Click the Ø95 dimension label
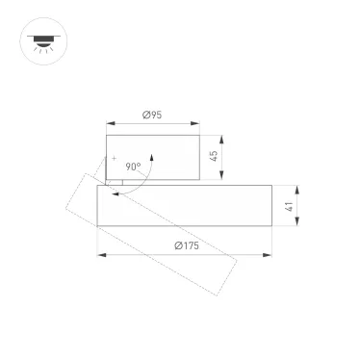pos(151,116)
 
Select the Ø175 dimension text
pos(186,246)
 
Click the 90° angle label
pos(133,167)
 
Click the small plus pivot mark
pos(113,158)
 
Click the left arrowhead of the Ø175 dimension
pos(100,255)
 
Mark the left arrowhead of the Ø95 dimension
pos(109,124)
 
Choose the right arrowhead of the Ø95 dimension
pos(199,124)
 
